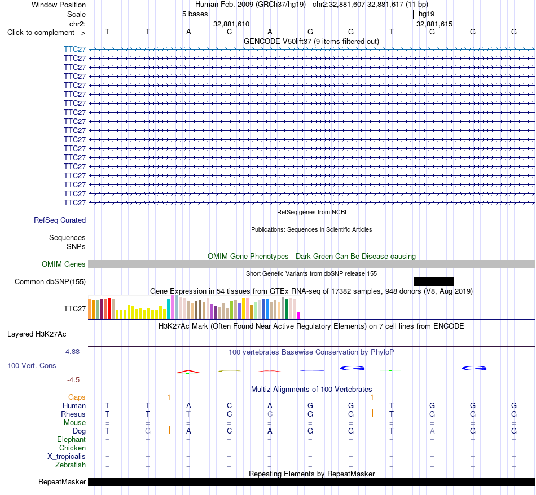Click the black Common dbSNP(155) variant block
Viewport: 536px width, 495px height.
[434, 281]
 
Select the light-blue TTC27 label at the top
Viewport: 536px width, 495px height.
[74, 49]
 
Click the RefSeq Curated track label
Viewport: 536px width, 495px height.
[59, 220]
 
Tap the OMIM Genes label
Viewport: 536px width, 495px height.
[63, 264]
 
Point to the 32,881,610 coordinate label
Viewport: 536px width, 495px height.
[231, 24]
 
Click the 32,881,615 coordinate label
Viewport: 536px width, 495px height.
[434, 24]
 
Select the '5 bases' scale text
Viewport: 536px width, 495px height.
[195, 14]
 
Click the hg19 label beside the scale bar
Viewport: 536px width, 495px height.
[427, 14]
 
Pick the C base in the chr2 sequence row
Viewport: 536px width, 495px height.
[230, 32]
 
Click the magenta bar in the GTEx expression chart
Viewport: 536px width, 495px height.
[299, 315]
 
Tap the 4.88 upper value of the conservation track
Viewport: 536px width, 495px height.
[72, 352]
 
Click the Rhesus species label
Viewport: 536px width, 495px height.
[73, 414]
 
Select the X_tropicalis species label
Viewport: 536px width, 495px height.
[67, 457]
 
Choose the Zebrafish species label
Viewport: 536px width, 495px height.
[71, 465]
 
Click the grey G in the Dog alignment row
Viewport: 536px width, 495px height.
[148, 431]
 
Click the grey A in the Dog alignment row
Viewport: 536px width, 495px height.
[432, 431]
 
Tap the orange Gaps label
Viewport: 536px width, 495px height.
[77, 397]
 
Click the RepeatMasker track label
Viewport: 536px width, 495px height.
[62, 481]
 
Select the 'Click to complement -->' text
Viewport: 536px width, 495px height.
[46, 33]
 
